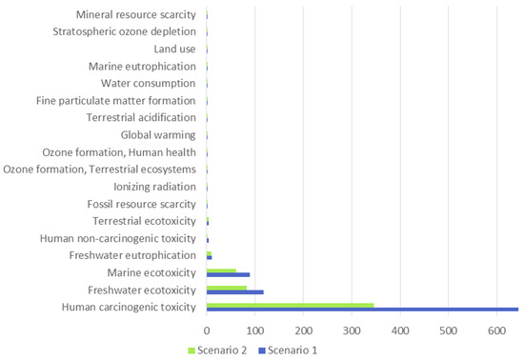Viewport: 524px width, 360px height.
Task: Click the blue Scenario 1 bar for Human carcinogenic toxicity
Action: pos(362,310)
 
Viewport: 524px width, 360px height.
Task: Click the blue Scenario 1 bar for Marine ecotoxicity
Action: pos(228,275)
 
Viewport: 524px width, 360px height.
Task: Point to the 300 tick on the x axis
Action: pos(303,330)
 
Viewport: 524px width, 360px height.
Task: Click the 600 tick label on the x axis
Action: pos(496,330)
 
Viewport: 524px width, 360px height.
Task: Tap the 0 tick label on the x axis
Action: pos(207,330)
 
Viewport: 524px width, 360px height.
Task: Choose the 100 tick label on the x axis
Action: pos(255,330)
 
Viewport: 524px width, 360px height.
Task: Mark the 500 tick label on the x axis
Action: pos(448,330)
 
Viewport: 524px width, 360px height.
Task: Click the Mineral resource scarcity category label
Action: pos(136,15)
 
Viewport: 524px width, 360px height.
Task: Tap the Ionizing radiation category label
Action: pos(154,187)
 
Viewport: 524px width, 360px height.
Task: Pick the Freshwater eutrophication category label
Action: pos(132,255)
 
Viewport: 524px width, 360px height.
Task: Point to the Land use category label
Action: pos(174,50)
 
